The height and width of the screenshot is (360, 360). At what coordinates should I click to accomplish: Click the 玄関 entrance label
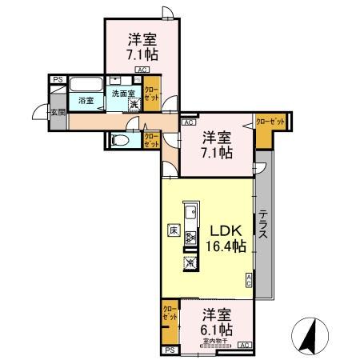pos(58,112)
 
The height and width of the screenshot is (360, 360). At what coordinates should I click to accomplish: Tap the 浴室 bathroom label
pos(86,101)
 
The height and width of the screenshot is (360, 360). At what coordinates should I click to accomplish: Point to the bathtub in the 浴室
pos(84,86)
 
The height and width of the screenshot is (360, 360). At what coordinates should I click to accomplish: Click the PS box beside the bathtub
pos(58,79)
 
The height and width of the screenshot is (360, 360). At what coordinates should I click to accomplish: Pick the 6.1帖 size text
pos(215,329)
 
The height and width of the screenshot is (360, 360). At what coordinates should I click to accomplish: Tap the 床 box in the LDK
pos(173,230)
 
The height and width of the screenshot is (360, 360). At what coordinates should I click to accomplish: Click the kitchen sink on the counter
pos(191,214)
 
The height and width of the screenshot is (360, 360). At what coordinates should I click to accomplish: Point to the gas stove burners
pos(190,238)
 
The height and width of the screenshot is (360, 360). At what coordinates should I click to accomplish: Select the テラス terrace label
pos(262,230)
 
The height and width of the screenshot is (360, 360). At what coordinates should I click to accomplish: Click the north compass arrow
pos(310,333)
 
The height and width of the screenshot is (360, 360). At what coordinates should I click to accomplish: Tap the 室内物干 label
pos(214,342)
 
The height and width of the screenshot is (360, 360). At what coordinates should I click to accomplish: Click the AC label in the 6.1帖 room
pos(244,345)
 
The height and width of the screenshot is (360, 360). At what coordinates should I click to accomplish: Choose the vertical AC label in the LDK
pos(249,279)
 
